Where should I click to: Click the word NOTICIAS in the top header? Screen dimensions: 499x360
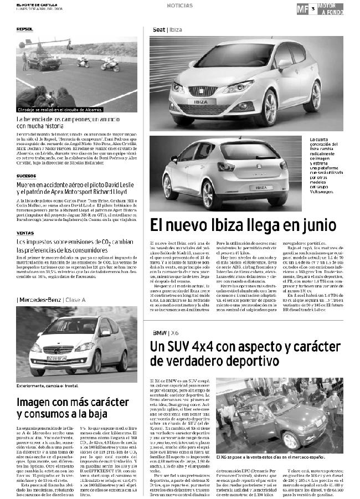point(179,6)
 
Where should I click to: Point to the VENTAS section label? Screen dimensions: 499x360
point(25,233)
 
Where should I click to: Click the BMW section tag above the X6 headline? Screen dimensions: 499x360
point(161,332)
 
